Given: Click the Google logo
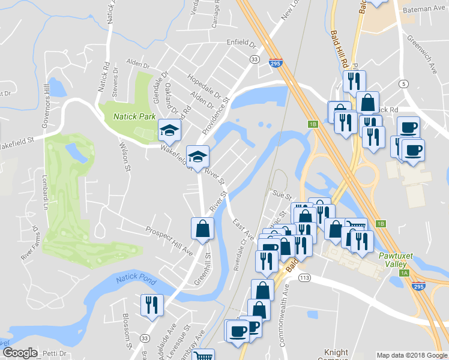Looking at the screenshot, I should pos(19,353).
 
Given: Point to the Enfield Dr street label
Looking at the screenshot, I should pos(241,44).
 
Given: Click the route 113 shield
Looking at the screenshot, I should pos(304,278).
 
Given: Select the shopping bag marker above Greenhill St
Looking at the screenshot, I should pos(202,229).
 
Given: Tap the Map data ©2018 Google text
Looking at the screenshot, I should pos(411,355).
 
